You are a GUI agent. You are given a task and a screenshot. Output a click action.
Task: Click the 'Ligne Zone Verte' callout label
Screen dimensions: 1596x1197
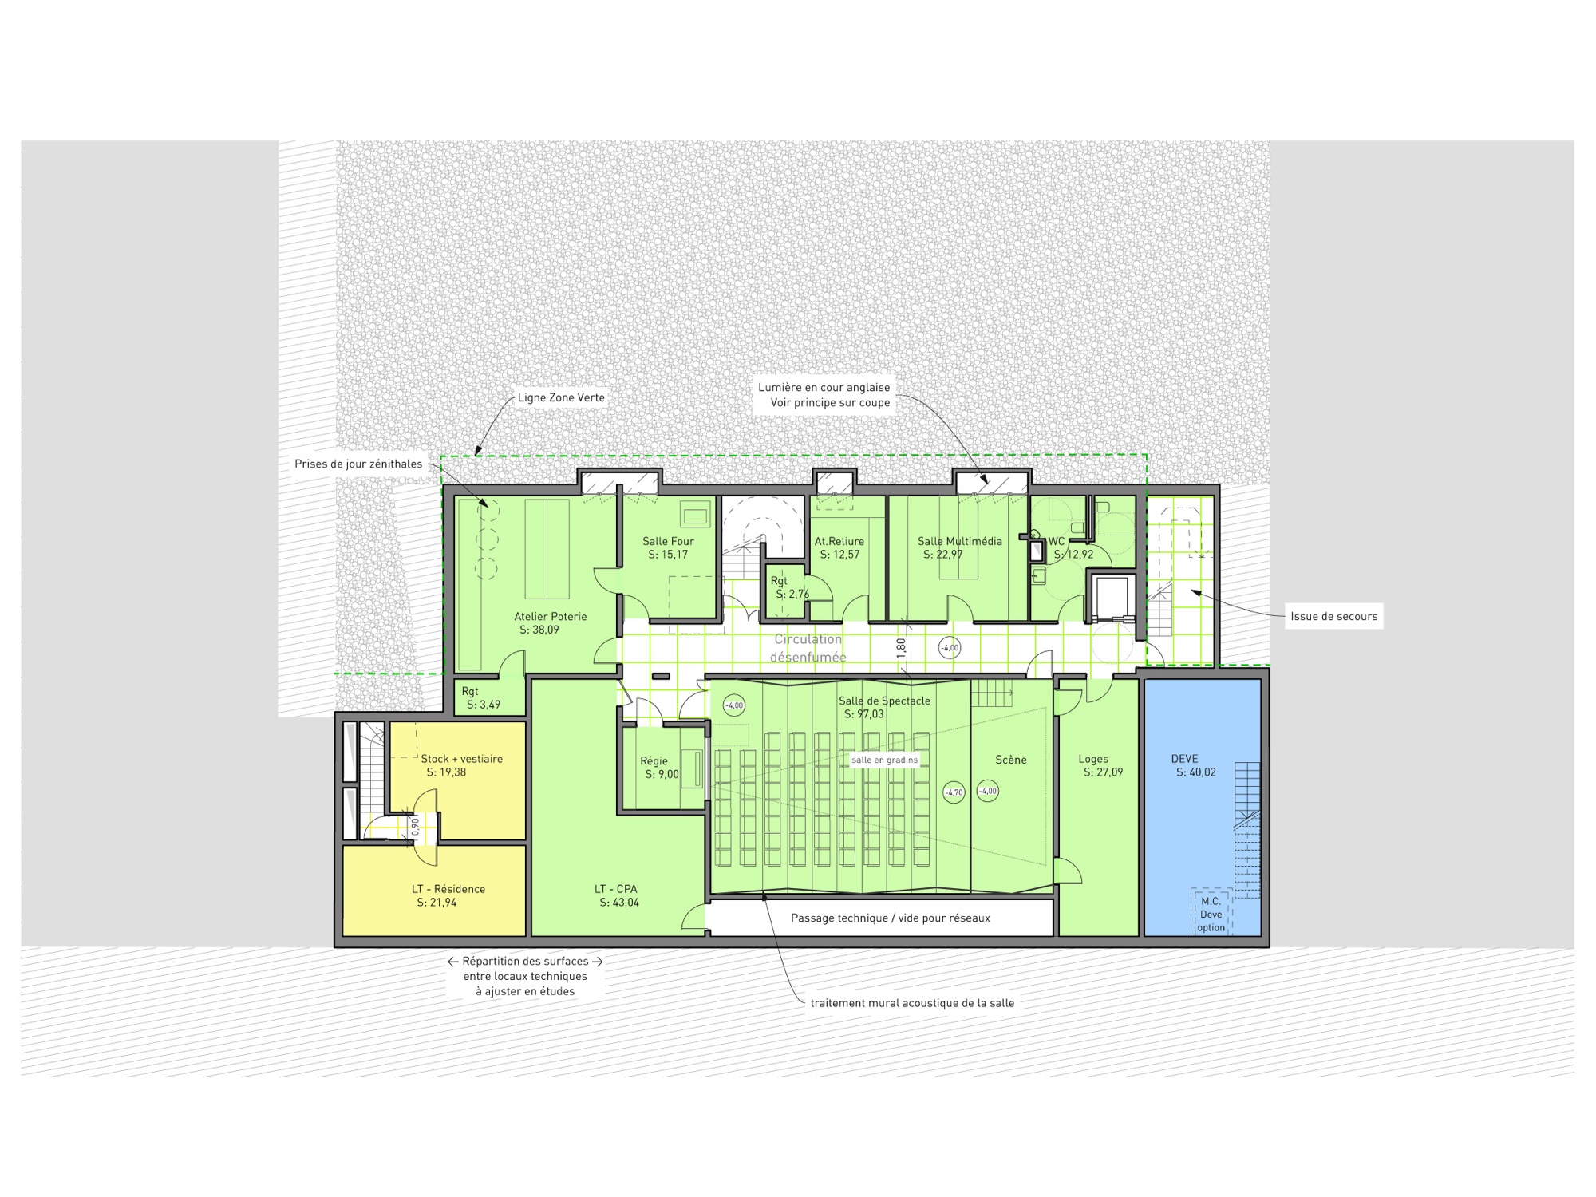coord(561,397)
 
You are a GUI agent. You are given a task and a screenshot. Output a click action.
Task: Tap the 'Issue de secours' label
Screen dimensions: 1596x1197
coord(1333,616)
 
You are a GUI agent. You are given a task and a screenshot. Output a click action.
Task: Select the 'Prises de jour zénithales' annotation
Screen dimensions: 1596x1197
coord(358,464)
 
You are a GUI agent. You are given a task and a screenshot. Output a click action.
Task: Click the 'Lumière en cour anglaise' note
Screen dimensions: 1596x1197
coord(824,388)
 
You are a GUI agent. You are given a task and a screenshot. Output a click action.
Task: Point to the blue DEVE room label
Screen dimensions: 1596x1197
coord(1184,759)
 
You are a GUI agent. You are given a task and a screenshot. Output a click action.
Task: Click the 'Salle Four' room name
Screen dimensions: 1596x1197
coord(668,541)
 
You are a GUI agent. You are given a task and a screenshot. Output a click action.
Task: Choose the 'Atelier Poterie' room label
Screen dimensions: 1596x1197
coord(550,616)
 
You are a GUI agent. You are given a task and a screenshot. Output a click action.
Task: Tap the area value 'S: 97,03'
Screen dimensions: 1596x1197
coord(863,714)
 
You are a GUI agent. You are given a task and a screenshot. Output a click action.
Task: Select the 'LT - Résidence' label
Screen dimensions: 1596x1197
coord(448,889)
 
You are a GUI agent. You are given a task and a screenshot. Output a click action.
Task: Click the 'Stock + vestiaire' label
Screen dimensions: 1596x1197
coord(461,759)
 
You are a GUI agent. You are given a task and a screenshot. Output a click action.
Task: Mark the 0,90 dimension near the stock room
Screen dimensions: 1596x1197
coord(415,826)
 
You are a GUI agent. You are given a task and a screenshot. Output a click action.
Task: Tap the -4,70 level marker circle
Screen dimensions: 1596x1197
coord(954,792)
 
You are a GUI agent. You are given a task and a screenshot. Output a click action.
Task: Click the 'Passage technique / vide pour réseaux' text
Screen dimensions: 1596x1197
coord(890,918)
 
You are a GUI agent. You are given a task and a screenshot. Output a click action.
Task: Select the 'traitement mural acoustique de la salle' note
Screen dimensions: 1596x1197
coord(912,1003)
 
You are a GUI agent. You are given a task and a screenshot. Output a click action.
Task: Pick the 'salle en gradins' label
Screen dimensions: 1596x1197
coord(884,760)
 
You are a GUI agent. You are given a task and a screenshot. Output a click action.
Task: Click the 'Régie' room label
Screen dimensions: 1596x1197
coord(654,761)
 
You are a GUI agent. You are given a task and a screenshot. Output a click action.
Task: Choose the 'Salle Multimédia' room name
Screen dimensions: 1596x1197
coord(959,541)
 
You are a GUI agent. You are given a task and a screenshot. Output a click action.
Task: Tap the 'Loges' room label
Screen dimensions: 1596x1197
coord(1093,759)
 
